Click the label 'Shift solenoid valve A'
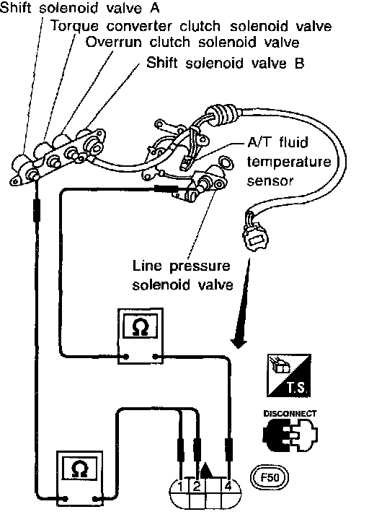pyautogui.click(x=79, y=7)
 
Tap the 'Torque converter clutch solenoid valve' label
pyautogui.click(x=191, y=26)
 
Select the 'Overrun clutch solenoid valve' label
pyautogui.click(x=192, y=43)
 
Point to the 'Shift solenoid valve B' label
pyautogui.click(x=225, y=63)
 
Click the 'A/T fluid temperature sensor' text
pyautogui.click(x=289, y=162)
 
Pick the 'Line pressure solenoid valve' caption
pyautogui.click(x=182, y=275)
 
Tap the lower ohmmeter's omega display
pyautogui.click(x=80, y=469)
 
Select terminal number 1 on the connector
pyautogui.click(x=180, y=487)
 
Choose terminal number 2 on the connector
pyautogui.click(x=197, y=487)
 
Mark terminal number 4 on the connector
pyautogui.click(x=228, y=487)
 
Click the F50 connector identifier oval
pyautogui.click(x=270, y=477)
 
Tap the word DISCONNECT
pyautogui.click(x=290, y=414)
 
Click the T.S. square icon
pyautogui.click(x=289, y=375)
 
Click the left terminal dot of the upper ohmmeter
pyautogui.click(x=126, y=357)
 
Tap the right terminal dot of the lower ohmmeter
pyautogui.click(x=95, y=499)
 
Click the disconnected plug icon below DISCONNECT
pyautogui.click(x=290, y=435)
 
